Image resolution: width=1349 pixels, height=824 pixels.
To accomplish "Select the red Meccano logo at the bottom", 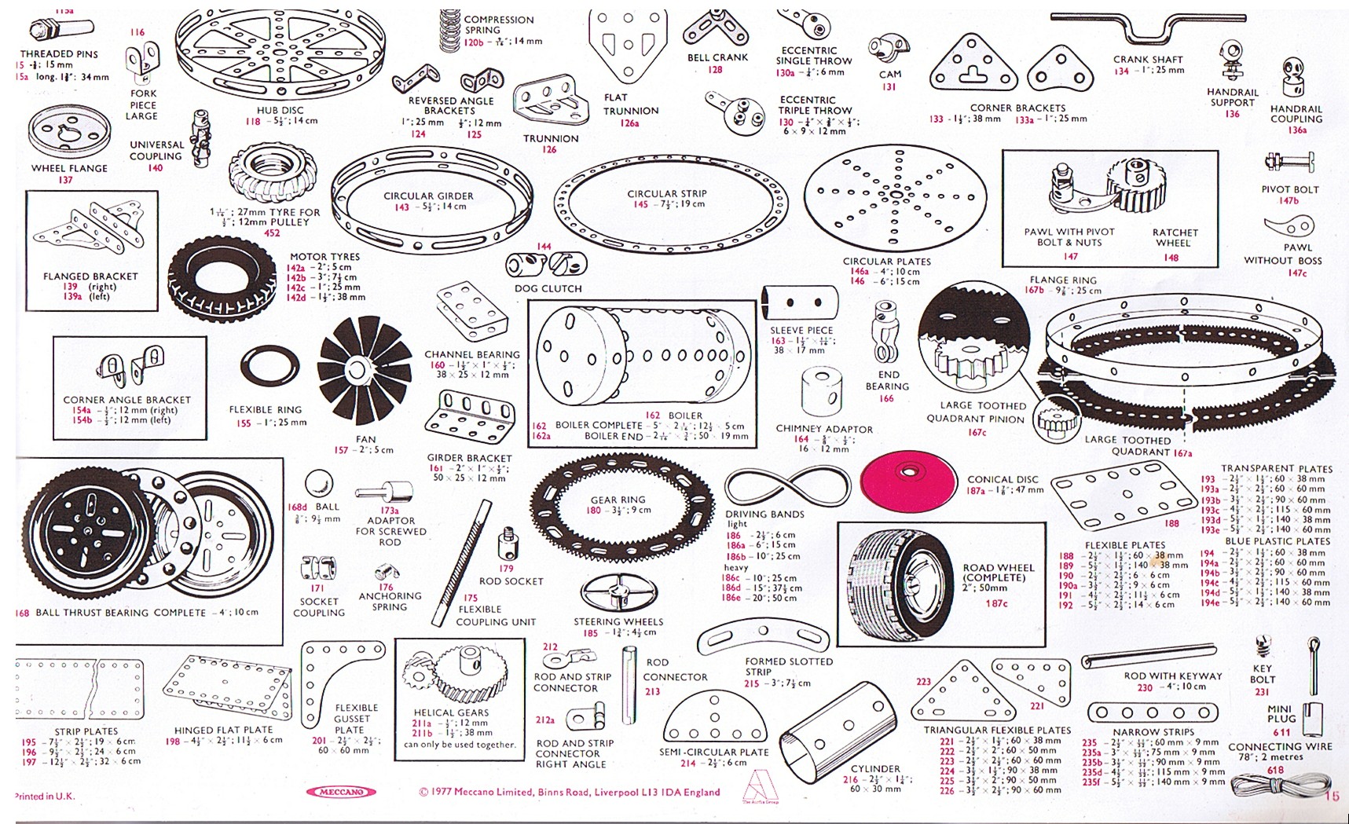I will coord(339,792).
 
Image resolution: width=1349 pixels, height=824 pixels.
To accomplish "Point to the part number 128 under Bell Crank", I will coord(715,70).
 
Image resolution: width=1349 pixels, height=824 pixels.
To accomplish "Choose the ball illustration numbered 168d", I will coord(318,483).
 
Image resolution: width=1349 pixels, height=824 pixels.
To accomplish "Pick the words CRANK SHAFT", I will coord(1147,59).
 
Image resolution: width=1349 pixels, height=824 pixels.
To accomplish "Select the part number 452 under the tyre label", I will coord(272,233).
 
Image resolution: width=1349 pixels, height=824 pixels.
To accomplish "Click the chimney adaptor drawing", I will coord(822,390).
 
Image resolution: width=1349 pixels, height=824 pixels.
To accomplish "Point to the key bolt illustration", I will coord(1263,646).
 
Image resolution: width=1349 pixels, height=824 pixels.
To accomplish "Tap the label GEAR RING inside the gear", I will coord(618,500).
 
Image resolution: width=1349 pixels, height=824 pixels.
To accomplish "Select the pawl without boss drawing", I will coord(1289,228).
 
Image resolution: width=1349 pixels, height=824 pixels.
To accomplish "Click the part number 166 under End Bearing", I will coord(886,399).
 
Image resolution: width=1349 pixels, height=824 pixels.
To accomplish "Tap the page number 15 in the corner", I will coord(1332,796).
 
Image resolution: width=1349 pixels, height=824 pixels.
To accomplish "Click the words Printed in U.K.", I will coord(45,796).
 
